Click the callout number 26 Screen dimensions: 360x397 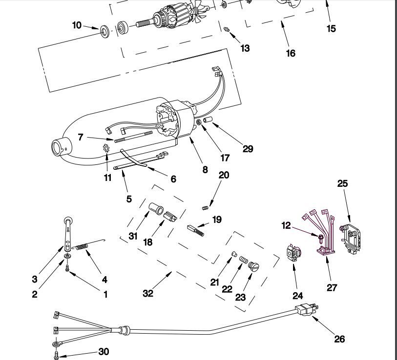(x=339, y=339)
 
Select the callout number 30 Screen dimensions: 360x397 (x=104, y=351)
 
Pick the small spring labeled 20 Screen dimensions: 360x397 (x=205, y=208)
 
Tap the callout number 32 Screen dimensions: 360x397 (x=148, y=293)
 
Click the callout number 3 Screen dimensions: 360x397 (x=35, y=279)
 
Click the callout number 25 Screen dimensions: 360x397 (x=342, y=183)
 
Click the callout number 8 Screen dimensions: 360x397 (x=205, y=169)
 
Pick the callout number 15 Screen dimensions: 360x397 (x=331, y=28)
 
